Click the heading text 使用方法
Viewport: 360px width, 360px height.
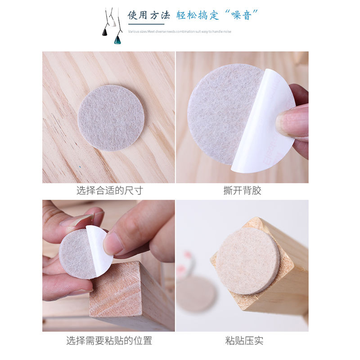click(x=148, y=15)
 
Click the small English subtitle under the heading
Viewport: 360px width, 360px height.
click(x=180, y=31)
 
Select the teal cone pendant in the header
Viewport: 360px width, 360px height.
click(x=117, y=39)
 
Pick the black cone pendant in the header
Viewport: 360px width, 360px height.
click(x=105, y=32)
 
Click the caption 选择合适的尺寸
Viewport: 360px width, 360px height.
click(x=109, y=190)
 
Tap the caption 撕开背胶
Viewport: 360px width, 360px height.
click(x=242, y=190)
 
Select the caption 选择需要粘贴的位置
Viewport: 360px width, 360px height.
click(x=109, y=341)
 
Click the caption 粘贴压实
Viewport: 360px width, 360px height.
click(x=242, y=341)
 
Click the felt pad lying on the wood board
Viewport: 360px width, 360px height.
click(x=111, y=117)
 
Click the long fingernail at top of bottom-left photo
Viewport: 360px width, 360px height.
click(x=76, y=220)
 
